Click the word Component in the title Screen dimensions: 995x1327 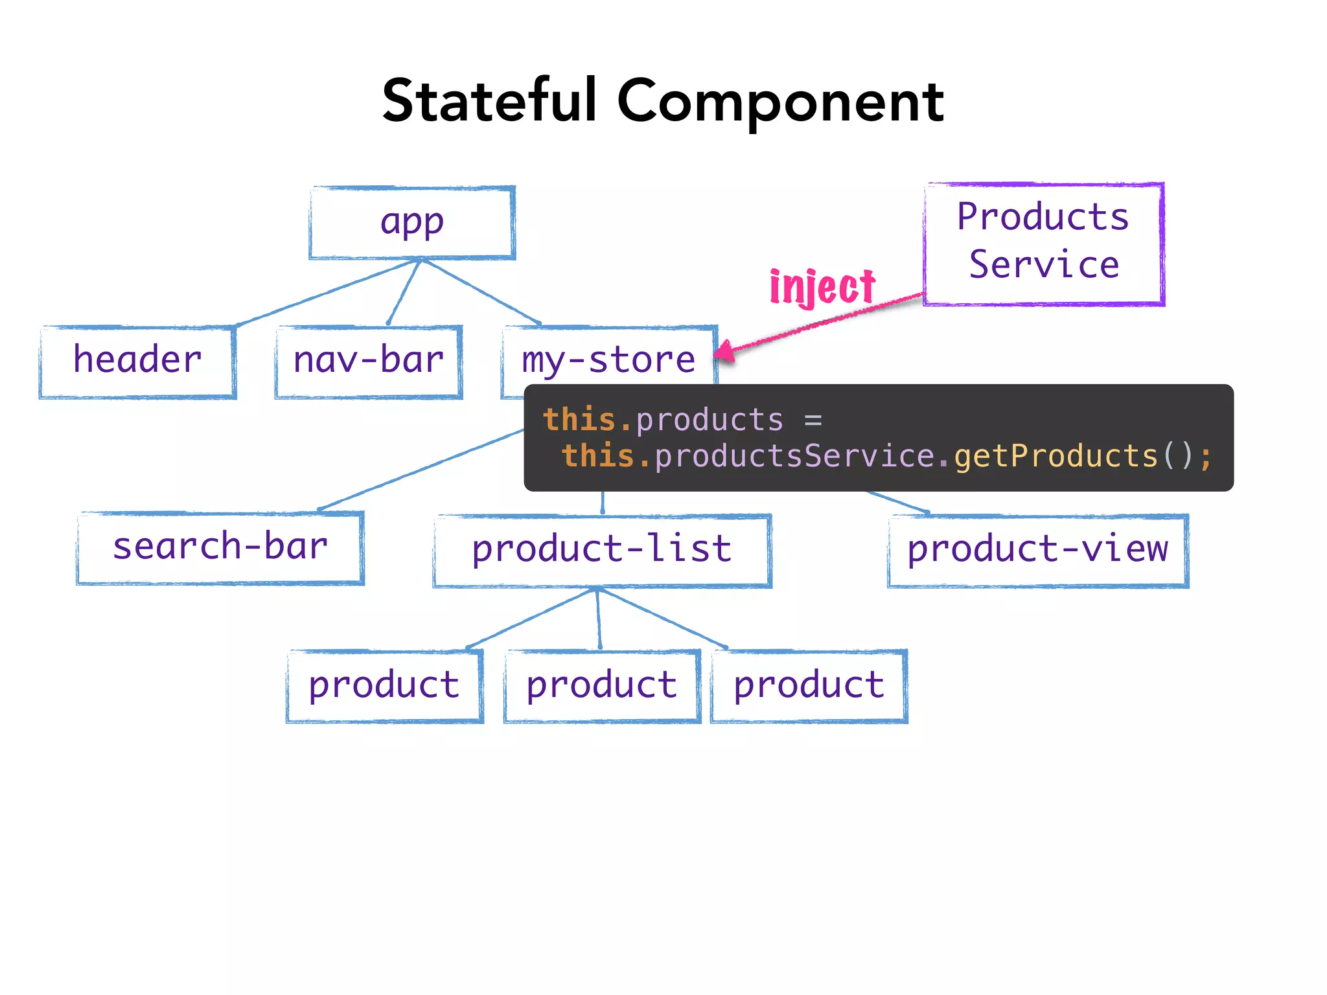click(780, 102)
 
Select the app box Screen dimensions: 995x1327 click(412, 223)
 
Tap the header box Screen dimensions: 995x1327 click(137, 361)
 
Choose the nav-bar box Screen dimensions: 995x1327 click(368, 361)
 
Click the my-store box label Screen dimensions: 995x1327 click(608, 361)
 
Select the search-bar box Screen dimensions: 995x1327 click(220, 547)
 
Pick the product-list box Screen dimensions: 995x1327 click(602, 550)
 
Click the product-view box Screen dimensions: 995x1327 click(1037, 550)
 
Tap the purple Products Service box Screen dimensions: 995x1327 click(1044, 242)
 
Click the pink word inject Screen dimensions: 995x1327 click(822, 286)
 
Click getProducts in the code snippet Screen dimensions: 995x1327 click(1056, 456)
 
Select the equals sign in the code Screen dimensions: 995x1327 click(813, 420)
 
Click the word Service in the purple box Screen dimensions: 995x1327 click(1044, 265)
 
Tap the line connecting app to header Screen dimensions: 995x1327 click(324, 293)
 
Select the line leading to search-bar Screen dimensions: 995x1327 click(421, 470)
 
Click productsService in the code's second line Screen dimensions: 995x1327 click(794, 456)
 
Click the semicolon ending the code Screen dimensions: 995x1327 click(1205, 457)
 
